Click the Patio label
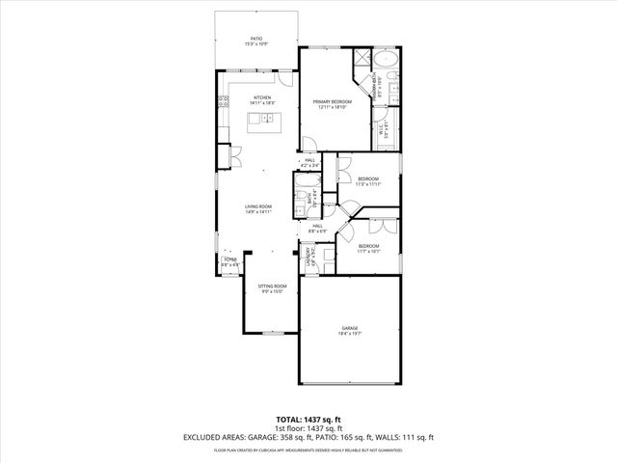tap(256, 40)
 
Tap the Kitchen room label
tap(261, 98)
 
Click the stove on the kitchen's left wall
tap(223, 100)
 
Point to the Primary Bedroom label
tap(331, 102)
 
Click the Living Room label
tap(257, 207)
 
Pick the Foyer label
tap(230, 260)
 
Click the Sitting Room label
tap(272, 287)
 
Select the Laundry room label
tap(310, 258)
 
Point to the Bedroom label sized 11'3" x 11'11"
tap(368, 180)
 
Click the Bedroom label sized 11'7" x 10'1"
tap(369, 248)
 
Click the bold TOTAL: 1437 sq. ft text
tap(308, 420)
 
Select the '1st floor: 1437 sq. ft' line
tap(308, 428)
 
